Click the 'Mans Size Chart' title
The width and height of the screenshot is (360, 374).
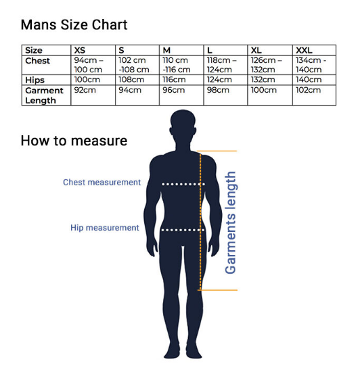[x=74, y=25]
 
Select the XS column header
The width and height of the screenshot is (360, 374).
[x=79, y=50]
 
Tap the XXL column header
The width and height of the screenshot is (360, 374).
[x=304, y=50]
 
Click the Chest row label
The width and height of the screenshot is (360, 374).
[x=37, y=61]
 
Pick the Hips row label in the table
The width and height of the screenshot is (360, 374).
[x=35, y=80]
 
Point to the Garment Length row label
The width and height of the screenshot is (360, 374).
[x=44, y=95]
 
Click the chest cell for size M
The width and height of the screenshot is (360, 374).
[x=177, y=65]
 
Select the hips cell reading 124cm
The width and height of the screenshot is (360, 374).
[x=219, y=79]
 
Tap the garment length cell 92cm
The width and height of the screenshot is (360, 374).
[x=85, y=90]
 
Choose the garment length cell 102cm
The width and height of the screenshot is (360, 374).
[x=308, y=90]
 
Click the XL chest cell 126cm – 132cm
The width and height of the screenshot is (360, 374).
[x=266, y=65]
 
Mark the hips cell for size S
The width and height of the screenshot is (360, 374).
[x=131, y=79]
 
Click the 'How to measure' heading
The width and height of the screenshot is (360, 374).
[x=74, y=141]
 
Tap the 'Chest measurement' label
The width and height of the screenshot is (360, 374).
[x=102, y=182]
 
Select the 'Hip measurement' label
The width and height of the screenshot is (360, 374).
[x=105, y=228]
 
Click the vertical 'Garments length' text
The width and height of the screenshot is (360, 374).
[x=230, y=223]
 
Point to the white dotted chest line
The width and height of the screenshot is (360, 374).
[x=183, y=184]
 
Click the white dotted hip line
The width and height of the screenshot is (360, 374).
[x=183, y=230]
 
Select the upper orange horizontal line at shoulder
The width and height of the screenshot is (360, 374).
[x=217, y=151]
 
